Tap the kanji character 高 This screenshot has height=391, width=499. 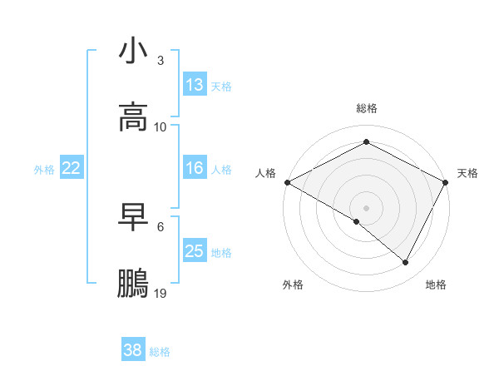133,117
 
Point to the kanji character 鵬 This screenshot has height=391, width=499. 133,284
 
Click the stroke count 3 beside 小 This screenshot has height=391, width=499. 161,60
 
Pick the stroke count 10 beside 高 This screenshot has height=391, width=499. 161,126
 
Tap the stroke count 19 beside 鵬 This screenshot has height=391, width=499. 161,293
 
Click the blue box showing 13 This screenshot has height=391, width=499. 195,85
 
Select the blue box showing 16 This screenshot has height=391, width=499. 195,168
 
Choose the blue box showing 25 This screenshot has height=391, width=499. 195,251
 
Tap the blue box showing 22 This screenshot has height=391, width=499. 72,168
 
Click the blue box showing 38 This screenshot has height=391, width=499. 133,350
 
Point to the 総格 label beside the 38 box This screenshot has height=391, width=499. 161,352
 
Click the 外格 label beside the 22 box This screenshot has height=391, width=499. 44,170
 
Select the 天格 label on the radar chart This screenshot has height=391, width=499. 468,173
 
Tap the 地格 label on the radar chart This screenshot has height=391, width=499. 436,285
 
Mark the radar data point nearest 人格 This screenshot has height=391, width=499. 287,182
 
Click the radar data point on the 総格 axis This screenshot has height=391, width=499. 366,142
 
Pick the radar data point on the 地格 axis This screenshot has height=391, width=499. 406,262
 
